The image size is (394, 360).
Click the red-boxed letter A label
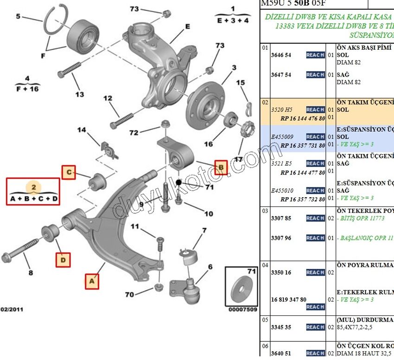click(92, 281)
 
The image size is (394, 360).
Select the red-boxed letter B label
click(221, 166)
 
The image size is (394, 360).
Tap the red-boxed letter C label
click(69, 173)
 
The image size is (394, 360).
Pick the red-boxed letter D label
click(63, 260)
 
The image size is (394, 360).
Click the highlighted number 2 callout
click(33, 187)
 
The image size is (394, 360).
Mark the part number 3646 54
click(281, 55)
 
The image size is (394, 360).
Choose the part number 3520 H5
click(281, 109)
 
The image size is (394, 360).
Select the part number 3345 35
click(281, 327)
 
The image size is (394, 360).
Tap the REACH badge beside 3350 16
click(315, 272)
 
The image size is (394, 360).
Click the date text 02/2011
click(12, 309)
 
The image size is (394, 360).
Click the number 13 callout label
click(80, 94)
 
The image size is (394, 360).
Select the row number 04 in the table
click(265, 265)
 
